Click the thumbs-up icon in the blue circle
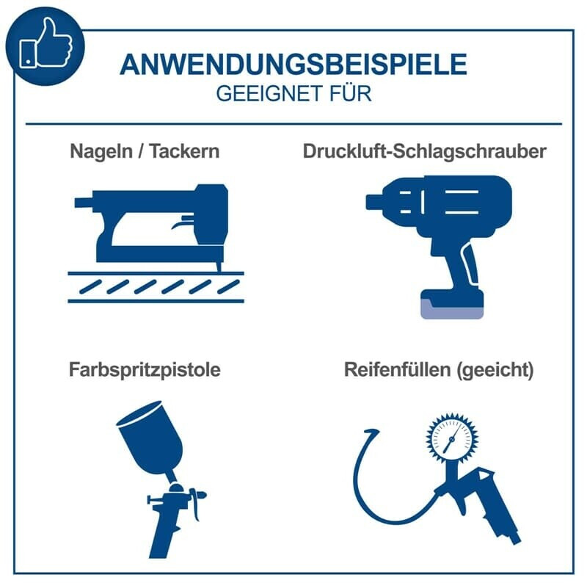coord(45,44)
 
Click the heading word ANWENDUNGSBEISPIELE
coord(293,65)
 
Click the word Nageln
coord(101,152)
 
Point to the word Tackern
coord(185,151)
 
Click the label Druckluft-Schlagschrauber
coord(424,151)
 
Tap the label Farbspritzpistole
coord(145,369)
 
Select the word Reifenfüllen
coord(397,369)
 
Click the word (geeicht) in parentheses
coord(495,370)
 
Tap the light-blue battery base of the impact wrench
coord(452,310)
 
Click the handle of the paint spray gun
coord(163,532)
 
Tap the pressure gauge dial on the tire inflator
coord(452,438)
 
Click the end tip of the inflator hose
coord(376,431)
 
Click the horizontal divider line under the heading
coord(293,123)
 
